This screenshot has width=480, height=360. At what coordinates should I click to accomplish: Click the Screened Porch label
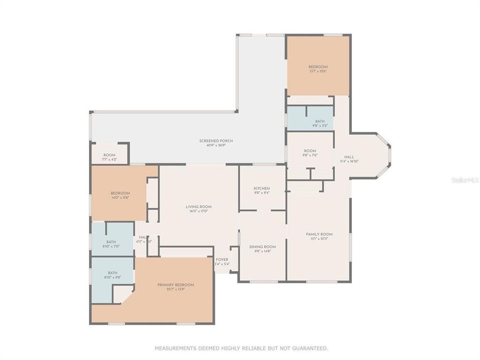[x=216, y=141]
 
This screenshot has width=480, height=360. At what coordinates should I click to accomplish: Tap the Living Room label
[x=198, y=206]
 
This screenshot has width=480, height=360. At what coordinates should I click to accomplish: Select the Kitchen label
[x=261, y=188]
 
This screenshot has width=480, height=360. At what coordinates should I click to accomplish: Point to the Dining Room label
[x=262, y=246]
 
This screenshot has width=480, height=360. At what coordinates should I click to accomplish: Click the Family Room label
[x=319, y=234]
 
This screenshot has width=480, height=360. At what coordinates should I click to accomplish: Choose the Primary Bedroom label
[x=175, y=285]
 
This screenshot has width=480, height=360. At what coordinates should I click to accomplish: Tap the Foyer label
[x=221, y=259]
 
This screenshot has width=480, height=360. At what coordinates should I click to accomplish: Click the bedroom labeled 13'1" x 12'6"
[x=317, y=67]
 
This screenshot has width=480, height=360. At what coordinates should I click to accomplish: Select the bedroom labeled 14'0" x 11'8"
[x=120, y=193]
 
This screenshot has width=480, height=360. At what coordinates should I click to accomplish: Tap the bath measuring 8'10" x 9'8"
[x=112, y=273]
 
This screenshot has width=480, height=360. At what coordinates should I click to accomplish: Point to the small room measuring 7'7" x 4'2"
[x=109, y=155]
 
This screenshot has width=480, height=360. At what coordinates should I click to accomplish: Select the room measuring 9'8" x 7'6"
[x=310, y=151]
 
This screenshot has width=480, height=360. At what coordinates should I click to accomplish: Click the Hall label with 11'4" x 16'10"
[x=349, y=157]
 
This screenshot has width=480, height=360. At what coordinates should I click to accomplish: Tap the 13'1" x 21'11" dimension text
[x=319, y=239]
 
